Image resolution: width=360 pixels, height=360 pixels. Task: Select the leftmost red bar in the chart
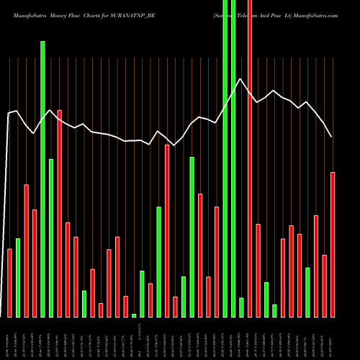point(9,282)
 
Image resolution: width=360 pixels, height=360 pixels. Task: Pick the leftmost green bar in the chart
point(18,277)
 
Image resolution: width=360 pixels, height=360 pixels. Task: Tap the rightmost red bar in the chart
point(333,245)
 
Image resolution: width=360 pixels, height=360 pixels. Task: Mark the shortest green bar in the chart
point(134,315)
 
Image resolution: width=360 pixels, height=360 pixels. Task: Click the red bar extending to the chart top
point(250,158)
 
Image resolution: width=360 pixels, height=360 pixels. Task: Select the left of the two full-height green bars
point(225,158)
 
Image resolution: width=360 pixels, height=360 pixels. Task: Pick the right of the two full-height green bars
point(233,158)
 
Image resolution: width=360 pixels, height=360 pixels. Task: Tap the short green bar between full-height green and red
point(241,307)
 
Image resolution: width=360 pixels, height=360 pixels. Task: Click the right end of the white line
point(331,137)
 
